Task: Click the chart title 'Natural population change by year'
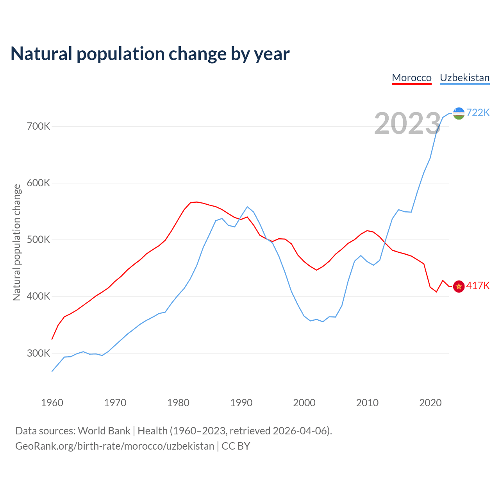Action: coord(150,54)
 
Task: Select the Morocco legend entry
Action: coord(412,78)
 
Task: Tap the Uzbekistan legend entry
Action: coord(464,78)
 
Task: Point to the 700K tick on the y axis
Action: coord(39,127)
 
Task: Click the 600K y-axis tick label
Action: coord(39,183)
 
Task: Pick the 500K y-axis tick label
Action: coord(39,240)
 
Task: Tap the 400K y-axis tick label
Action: coord(39,296)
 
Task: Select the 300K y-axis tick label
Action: coord(39,354)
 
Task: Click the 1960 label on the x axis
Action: coord(52,403)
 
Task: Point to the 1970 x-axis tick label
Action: coord(115,403)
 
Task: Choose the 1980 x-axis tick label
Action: coord(178,403)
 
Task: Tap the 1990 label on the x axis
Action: coord(241,403)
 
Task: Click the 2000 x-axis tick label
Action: coord(304,403)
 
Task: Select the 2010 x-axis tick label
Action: coord(367,403)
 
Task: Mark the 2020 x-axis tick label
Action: coord(430,403)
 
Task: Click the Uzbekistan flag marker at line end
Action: coord(459,113)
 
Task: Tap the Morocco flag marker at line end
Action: coord(459,286)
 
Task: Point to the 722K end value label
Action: coord(478,112)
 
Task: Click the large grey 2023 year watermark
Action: coord(407,123)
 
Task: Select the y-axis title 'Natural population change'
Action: coord(17,242)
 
